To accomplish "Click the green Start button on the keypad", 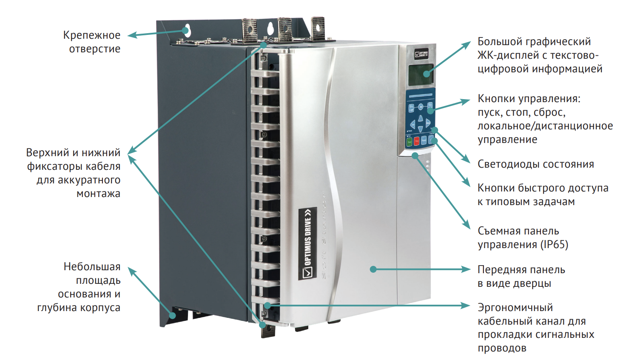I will pyautogui.click(x=410, y=142).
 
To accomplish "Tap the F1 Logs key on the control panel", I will pyautogui.click(x=411, y=108).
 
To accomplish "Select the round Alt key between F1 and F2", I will pyautogui.click(x=421, y=107).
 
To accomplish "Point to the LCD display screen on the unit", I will pyautogui.click(x=421, y=74).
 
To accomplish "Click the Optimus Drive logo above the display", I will pyautogui.click(x=421, y=54).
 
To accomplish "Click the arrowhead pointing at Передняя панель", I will pyautogui.click(x=467, y=269).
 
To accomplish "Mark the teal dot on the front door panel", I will pyautogui.click(x=373, y=269).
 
